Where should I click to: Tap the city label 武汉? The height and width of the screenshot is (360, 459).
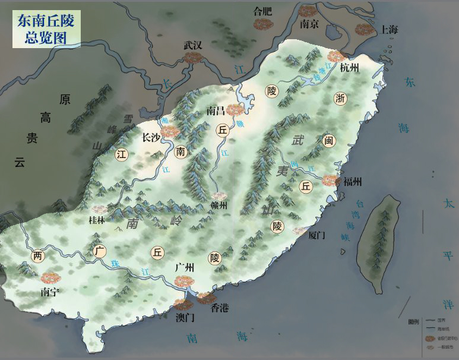tap(193, 45)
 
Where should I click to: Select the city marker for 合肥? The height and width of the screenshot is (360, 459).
tap(262, 24)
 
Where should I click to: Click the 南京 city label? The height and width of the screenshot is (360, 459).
tap(309, 24)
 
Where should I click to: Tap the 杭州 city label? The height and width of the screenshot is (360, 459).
tap(350, 68)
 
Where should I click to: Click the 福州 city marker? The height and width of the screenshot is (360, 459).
tap(330, 180)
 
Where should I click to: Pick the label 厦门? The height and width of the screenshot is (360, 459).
tap(318, 235)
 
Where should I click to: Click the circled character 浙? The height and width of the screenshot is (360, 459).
tap(340, 98)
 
